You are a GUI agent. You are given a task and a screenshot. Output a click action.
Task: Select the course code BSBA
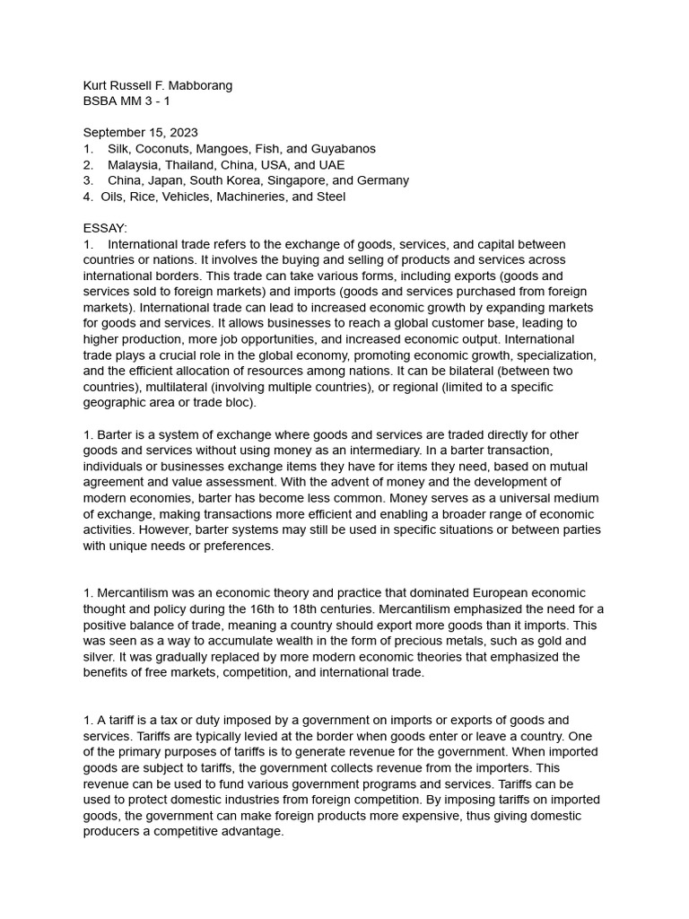(x=100, y=101)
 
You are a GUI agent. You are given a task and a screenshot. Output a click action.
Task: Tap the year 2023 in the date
(x=184, y=133)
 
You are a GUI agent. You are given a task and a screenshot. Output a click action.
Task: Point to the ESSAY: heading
(x=105, y=228)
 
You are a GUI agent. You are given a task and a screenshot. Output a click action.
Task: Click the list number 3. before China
(x=88, y=180)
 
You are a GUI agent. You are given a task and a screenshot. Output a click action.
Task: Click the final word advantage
(x=249, y=831)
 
